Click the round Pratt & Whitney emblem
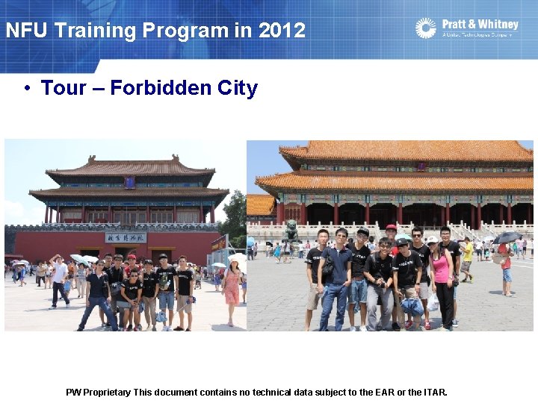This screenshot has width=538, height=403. click(426, 28)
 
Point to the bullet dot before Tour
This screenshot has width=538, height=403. click(26, 88)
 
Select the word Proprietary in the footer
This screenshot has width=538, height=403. click(108, 392)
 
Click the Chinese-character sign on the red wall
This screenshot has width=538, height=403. click(125, 237)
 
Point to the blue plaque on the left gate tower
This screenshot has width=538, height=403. click(129, 182)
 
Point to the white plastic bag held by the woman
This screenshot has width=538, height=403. click(433, 302)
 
